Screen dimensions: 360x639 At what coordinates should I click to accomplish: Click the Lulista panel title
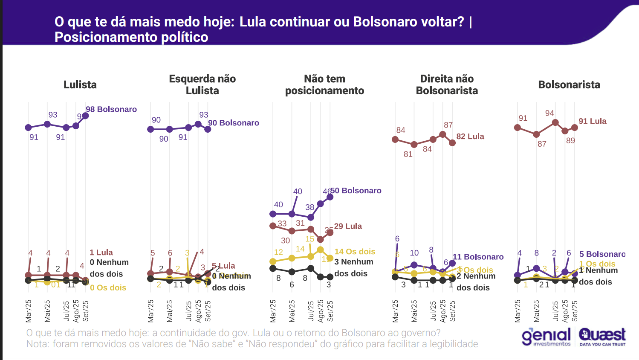[x=80, y=84]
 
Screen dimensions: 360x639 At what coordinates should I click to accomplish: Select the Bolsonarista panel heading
[x=569, y=84]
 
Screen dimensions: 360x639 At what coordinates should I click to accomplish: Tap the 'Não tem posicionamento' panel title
[x=324, y=84]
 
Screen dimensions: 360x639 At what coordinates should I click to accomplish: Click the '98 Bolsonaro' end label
[x=111, y=109]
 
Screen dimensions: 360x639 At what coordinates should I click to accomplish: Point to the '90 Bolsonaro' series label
[x=234, y=123]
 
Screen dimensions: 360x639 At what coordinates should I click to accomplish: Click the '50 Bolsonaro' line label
[x=356, y=191]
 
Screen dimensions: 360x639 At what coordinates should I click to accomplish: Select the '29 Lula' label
[x=348, y=226]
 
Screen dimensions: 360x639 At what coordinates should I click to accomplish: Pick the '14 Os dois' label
[x=355, y=252]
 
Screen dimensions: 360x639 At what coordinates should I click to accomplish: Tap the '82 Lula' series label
[x=470, y=136]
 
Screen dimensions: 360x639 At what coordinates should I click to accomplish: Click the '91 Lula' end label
[x=592, y=121]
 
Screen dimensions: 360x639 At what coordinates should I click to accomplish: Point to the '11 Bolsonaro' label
[x=478, y=257]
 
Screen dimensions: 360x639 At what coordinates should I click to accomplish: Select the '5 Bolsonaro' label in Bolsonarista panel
[x=602, y=254]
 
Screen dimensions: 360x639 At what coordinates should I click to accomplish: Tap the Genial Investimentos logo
[x=546, y=337]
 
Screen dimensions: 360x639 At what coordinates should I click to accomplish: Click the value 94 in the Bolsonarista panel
[x=549, y=113]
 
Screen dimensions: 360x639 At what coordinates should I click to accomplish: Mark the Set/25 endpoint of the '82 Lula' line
[x=452, y=143]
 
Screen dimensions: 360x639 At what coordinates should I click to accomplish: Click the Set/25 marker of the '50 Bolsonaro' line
[x=330, y=197]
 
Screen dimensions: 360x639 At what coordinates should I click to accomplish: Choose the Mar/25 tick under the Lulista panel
[x=29, y=311]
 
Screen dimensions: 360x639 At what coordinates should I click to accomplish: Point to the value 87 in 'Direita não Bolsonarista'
[x=448, y=125]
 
